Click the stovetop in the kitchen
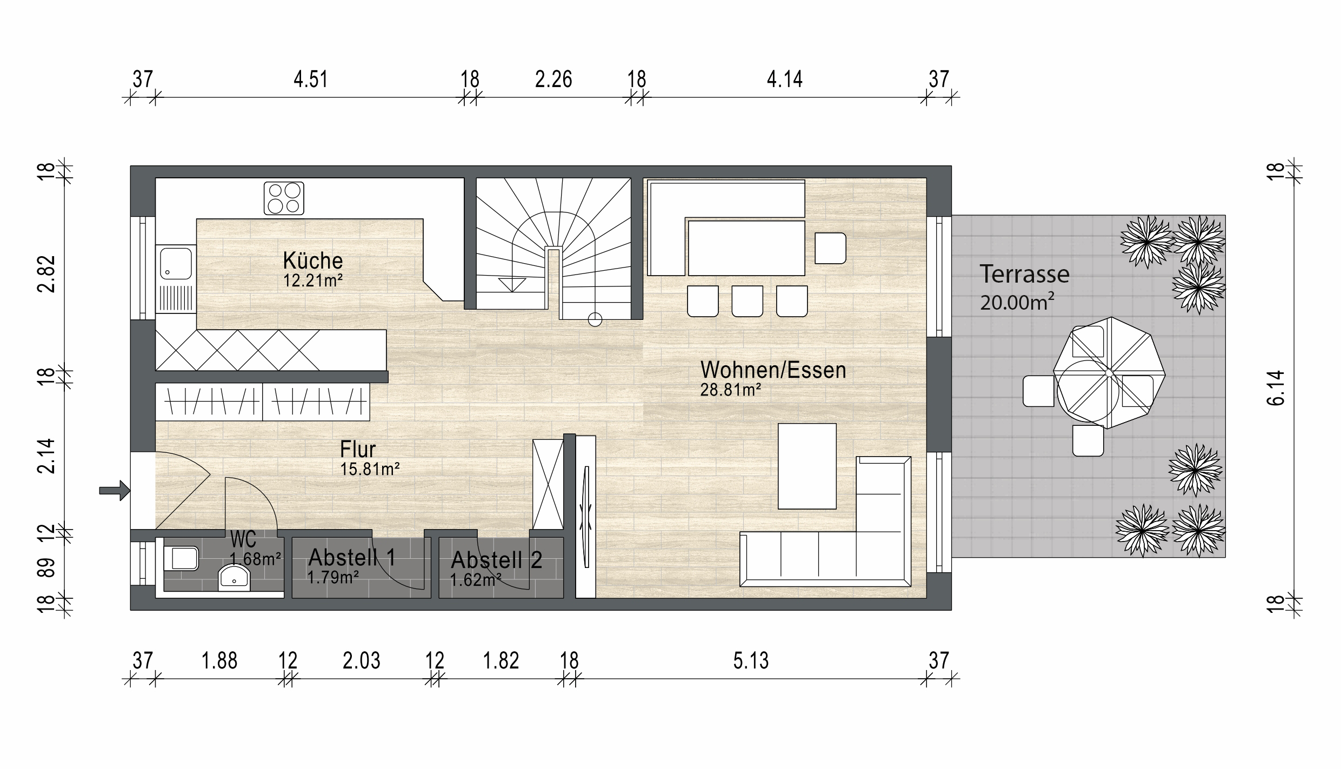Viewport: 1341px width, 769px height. [284, 198]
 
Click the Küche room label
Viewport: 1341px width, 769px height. [313, 261]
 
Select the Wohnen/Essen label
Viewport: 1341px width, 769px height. [773, 370]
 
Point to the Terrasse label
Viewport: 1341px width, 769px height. [1024, 275]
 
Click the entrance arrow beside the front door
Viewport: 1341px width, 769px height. [115, 491]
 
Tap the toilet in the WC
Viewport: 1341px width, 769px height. [181, 558]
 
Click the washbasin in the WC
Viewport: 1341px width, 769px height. [234, 578]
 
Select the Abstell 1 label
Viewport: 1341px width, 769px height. [352, 557]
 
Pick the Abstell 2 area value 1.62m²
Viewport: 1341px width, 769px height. [476, 580]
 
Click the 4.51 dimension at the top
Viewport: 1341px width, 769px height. [311, 80]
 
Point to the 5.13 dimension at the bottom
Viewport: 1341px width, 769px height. [751, 661]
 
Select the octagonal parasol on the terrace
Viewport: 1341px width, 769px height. [1109, 372]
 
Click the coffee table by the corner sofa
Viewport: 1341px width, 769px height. [807, 466]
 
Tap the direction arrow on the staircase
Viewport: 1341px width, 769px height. [512, 285]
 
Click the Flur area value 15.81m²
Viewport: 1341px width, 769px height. [370, 469]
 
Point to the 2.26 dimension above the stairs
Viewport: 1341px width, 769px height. [553, 80]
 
